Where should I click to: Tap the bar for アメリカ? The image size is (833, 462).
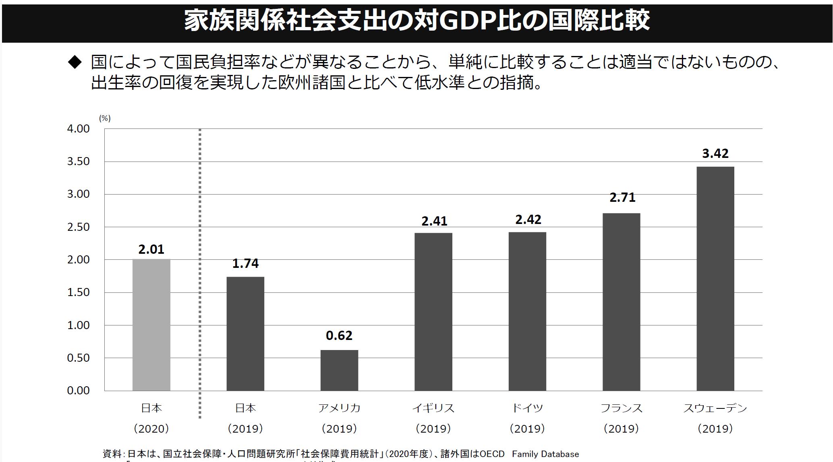point(339,370)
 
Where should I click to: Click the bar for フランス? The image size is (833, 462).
point(621,302)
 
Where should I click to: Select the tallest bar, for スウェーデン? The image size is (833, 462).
point(715,278)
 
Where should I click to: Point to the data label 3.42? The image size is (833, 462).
point(715,153)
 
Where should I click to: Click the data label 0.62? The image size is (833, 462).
point(339,336)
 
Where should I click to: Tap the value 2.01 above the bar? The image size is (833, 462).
point(151,249)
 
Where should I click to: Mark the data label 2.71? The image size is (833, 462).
point(622,197)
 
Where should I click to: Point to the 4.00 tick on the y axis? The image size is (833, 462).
point(78,129)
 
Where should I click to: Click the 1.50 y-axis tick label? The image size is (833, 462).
point(78,292)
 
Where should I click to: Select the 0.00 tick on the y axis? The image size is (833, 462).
point(78,390)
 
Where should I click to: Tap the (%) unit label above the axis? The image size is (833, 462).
point(105,118)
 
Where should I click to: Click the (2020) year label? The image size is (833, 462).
point(151,429)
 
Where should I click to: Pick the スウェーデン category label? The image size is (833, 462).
point(715,408)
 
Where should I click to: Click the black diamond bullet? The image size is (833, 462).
point(75,62)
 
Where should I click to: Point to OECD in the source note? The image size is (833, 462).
point(492,454)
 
